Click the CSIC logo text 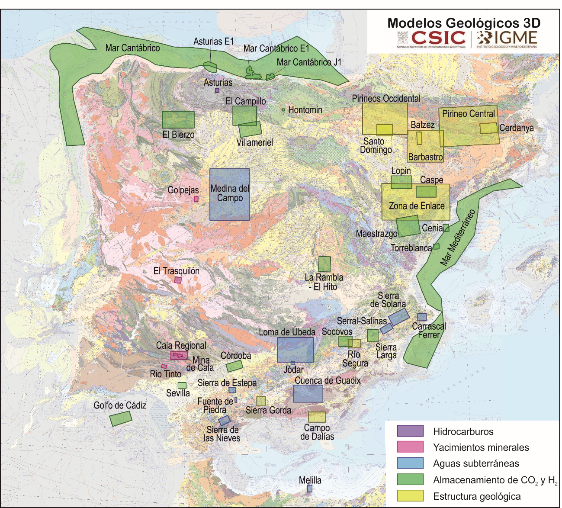pos(438,38)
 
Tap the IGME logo pos(507,39)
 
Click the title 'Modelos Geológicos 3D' pos(464,23)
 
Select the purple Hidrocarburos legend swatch pos(410,431)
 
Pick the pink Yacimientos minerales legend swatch pos(410,447)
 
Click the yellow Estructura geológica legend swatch pos(410,496)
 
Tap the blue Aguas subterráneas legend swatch pos(410,463)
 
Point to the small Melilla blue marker pos(310,488)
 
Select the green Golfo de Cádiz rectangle pos(121,418)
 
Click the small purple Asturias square pos(217,90)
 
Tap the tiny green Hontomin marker pos(283,110)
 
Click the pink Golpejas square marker pos(196,199)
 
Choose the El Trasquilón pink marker pos(178,280)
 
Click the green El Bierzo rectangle pos(178,120)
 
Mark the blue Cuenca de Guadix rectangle pos(308,393)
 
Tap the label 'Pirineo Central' pos(468,114)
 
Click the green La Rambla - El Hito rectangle pos(324,264)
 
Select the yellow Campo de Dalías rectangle pos(317,417)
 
